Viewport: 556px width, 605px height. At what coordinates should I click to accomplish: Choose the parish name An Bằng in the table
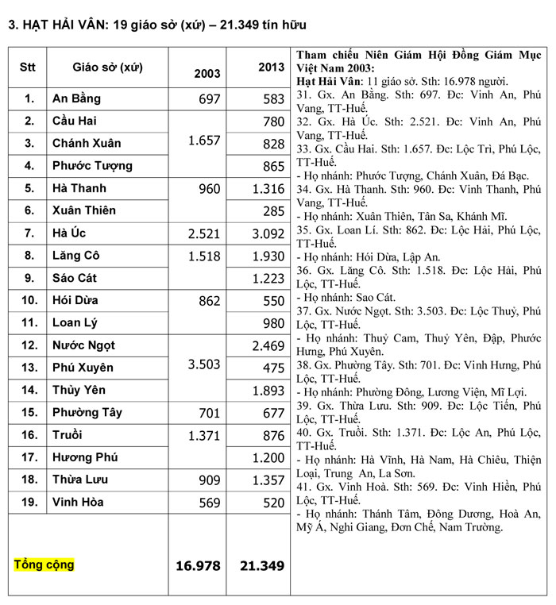coord(76,99)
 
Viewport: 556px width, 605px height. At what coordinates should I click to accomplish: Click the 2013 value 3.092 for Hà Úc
coord(268,233)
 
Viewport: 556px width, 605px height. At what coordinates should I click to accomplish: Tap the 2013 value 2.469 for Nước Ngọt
coord(268,345)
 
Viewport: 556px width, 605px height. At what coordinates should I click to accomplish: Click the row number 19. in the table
coord(29,502)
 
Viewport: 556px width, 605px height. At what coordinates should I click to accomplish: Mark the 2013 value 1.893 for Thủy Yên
coord(268,390)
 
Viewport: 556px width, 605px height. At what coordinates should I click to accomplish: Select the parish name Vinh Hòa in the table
coord(78,502)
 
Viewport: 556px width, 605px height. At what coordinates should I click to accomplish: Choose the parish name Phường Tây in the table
coord(87,412)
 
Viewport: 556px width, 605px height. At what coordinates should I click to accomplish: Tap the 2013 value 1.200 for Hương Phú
coord(268,457)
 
